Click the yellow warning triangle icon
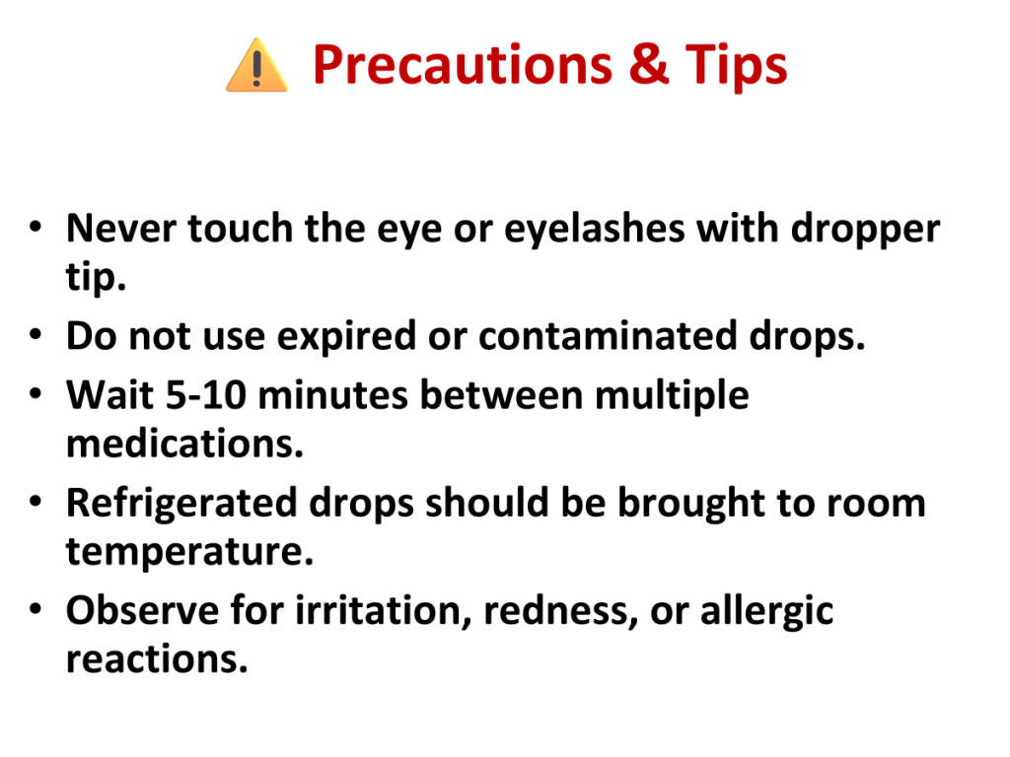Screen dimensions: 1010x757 257,66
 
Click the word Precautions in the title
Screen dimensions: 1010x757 463,66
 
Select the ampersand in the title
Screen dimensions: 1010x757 649,64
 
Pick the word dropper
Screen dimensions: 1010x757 865,231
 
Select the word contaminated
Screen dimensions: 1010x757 608,335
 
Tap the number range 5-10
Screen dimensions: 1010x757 206,394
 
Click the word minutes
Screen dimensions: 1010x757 333,394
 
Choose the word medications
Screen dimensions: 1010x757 184,445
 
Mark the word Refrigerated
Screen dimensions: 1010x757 181,504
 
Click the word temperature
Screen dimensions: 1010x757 190,553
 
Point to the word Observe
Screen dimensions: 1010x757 142,610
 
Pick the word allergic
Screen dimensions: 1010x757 767,612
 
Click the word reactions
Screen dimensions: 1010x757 157,659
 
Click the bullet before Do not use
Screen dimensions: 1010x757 36,335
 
